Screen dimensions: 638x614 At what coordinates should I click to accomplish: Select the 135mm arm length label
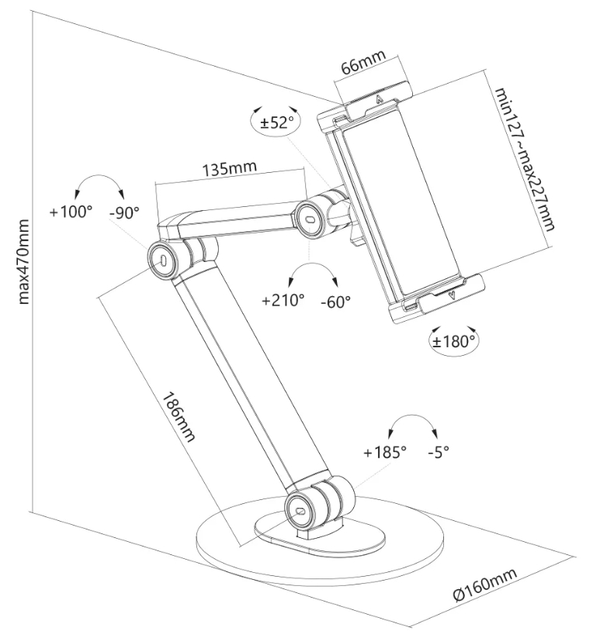point(230,167)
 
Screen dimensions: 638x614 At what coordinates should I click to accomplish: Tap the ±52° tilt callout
point(274,122)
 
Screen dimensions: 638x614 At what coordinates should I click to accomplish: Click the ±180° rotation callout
point(454,340)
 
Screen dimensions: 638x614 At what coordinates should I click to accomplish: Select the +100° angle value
point(71,211)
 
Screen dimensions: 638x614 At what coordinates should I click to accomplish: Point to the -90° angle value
point(124,211)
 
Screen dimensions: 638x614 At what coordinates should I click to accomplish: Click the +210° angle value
point(283,300)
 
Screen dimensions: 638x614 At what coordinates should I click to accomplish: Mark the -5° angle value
point(439,452)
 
